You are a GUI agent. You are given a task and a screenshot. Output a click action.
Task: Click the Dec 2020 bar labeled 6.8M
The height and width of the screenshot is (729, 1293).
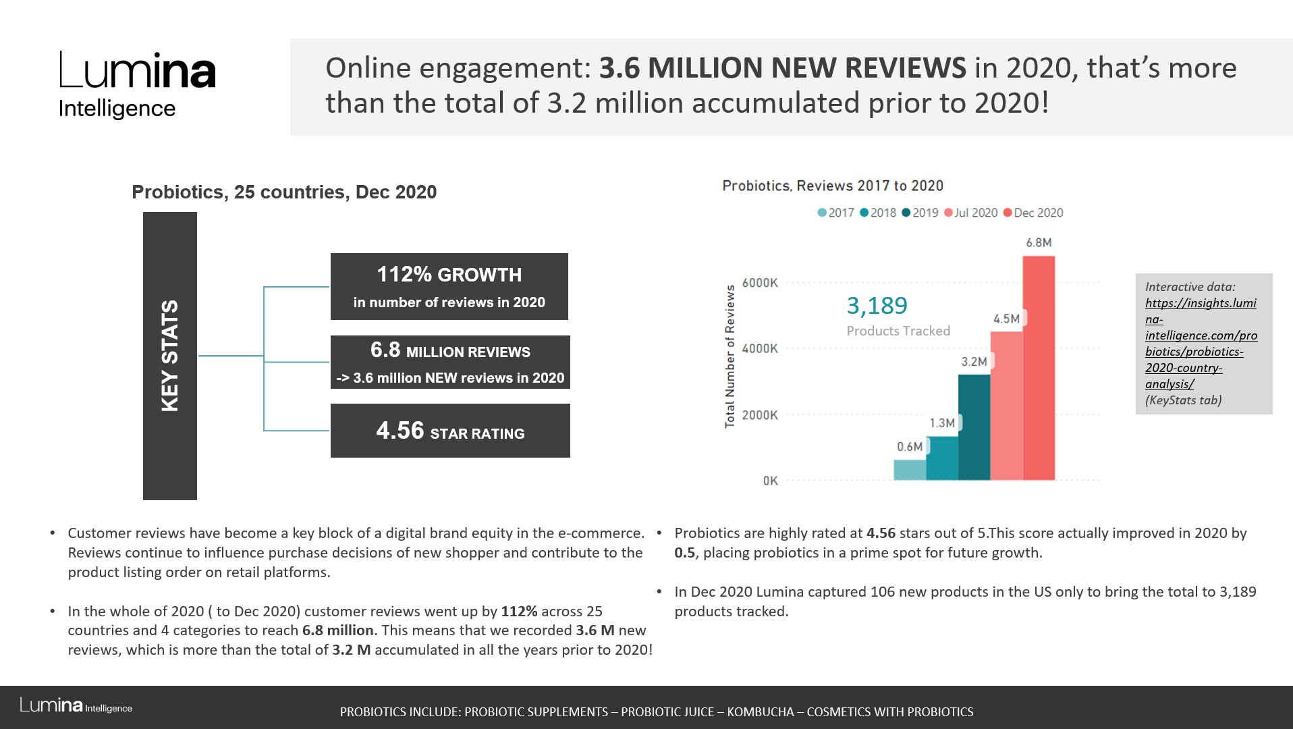point(1039,368)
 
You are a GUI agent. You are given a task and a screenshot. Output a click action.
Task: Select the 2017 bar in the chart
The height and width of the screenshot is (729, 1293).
point(910,470)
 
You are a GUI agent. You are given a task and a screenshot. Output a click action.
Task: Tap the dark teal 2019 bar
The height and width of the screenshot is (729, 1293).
point(974,427)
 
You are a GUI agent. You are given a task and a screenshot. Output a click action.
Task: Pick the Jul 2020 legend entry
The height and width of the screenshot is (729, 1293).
point(971,213)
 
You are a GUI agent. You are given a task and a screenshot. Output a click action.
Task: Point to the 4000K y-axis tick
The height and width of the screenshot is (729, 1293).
point(760,348)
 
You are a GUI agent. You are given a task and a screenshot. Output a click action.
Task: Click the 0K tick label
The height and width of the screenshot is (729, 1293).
point(770,481)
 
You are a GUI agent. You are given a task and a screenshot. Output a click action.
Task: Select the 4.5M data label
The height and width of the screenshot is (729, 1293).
point(1006,319)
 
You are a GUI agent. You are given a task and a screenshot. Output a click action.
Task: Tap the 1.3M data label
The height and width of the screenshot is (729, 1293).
point(942,423)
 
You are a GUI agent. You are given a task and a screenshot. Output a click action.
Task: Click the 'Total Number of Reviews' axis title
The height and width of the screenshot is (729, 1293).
point(730,356)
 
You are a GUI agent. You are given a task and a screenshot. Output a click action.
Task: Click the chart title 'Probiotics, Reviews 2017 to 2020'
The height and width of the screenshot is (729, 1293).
point(833,186)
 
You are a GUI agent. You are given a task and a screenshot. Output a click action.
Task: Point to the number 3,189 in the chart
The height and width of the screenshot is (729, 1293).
point(877,306)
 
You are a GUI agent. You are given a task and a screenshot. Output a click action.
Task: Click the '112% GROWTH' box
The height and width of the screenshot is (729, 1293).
point(449,286)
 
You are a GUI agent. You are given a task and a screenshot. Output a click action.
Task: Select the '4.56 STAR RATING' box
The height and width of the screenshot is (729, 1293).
point(450,431)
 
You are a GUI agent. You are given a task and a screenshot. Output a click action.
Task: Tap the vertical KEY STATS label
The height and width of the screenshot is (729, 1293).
point(169,356)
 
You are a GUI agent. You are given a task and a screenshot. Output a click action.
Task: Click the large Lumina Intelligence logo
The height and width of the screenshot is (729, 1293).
point(137,84)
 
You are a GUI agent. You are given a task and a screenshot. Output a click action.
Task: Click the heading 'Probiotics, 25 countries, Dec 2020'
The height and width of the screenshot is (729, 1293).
point(284,192)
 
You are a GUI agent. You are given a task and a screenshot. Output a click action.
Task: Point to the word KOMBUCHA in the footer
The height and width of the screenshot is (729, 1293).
point(760,711)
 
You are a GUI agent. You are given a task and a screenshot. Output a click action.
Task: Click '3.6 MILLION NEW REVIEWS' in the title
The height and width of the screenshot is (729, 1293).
point(783,68)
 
